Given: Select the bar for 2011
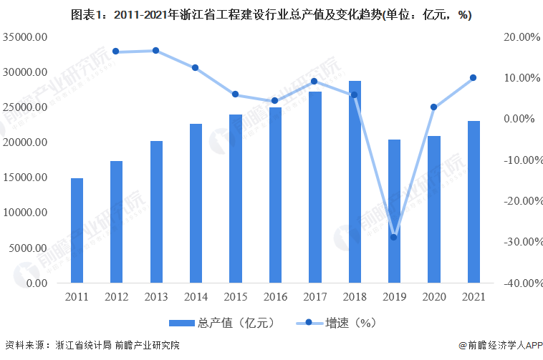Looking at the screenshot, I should click(x=77, y=230).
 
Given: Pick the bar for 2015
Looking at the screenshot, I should click(x=236, y=198).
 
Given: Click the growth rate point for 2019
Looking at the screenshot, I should click(x=393, y=237).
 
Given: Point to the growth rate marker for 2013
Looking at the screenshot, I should click(x=155, y=51).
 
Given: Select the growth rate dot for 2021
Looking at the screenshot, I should click(x=473, y=77).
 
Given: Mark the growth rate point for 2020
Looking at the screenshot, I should click(x=433, y=107).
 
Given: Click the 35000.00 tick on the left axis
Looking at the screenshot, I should click(x=25, y=37).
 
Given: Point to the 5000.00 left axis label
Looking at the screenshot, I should click(x=28, y=248).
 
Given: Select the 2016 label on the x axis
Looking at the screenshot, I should click(x=275, y=296).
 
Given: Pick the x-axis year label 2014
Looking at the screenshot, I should click(x=196, y=296).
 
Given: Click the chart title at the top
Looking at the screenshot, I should click(x=271, y=14).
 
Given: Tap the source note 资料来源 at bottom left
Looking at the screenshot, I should click(x=92, y=346).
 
